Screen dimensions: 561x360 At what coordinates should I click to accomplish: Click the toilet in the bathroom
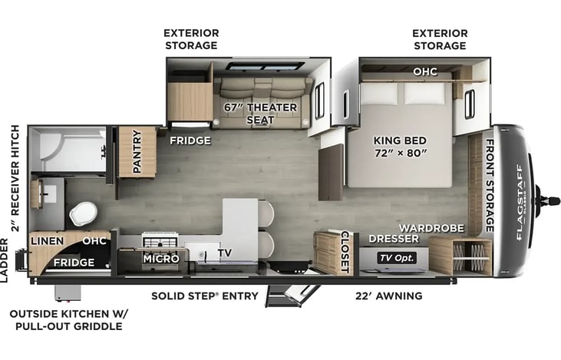point(83,213)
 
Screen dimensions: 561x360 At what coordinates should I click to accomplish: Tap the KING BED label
point(400,140)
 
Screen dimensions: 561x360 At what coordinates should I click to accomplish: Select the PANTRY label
point(137,152)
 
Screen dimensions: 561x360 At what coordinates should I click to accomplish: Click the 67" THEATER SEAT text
point(260,114)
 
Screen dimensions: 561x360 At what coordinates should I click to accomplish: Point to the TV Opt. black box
point(397,258)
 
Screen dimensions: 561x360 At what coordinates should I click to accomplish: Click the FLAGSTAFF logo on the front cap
point(520,202)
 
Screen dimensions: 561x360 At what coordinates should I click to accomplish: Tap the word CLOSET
point(345,252)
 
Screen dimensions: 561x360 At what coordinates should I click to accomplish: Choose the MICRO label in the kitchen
point(161,259)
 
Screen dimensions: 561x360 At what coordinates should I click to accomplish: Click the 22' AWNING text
point(389,296)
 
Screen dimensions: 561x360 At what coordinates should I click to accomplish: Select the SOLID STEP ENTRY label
point(205,296)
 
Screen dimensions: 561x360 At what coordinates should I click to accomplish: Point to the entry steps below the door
point(292,295)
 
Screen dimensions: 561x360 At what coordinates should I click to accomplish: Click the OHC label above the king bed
point(425,71)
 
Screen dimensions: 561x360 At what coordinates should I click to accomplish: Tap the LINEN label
point(48,241)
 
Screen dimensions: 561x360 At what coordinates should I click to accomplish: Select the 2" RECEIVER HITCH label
point(15,178)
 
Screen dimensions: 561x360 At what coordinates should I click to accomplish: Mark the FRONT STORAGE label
point(490,185)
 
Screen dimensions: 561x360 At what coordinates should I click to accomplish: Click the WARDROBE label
point(431,228)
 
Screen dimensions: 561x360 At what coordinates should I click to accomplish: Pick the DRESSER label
point(394,239)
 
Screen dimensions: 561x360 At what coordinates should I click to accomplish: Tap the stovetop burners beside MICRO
point(160,240)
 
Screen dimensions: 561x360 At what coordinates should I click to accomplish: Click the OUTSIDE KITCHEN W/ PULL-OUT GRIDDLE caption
point(68,320)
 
